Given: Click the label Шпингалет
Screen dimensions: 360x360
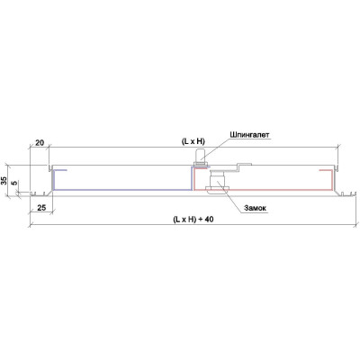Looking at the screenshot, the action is tap(250, 135).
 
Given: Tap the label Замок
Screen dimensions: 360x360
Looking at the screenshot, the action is tap(255, 208).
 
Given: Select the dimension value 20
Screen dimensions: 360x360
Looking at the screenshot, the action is tap(40, 143).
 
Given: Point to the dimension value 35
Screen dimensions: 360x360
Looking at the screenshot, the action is tap(4, 181).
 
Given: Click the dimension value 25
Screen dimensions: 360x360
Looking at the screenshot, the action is tap(42, 207).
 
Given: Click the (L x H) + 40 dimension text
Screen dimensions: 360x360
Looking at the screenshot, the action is tap(193, 220).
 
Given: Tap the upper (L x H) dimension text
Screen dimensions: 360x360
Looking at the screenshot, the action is tap(193, 142).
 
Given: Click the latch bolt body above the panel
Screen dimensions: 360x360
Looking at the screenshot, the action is tap(200, 156).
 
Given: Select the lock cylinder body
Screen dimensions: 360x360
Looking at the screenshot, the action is tap(217, 179).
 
